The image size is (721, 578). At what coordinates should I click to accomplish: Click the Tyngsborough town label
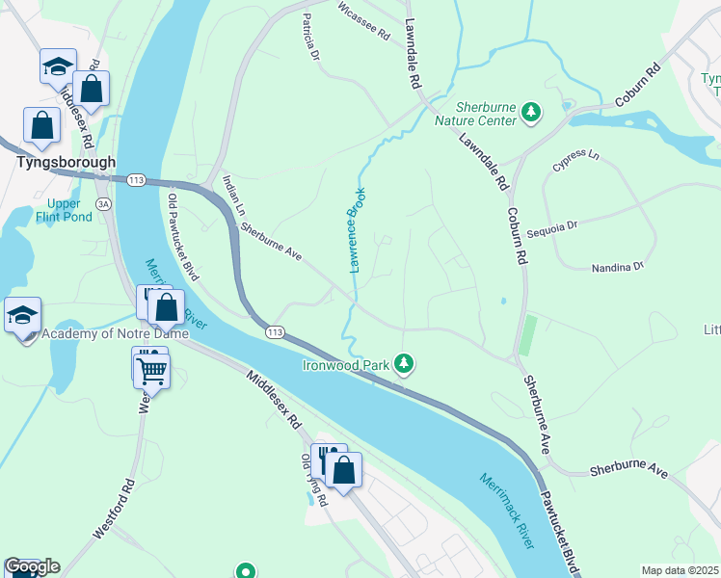(66, 163)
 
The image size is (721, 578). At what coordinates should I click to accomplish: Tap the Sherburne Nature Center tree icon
(530, 114)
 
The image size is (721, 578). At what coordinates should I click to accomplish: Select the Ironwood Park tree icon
(406, 363)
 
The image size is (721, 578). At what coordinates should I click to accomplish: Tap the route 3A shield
(103, 203)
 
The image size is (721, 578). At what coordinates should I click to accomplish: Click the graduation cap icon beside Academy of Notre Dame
(22, 314)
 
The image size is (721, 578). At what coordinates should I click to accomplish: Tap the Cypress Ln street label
(575, 161)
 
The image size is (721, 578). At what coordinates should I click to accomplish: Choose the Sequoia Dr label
(551, 229)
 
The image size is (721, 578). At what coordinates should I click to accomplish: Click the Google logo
(32, 566)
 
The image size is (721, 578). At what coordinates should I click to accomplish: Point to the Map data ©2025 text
(680, 570)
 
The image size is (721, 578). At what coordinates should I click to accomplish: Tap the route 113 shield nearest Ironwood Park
(276, 332)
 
